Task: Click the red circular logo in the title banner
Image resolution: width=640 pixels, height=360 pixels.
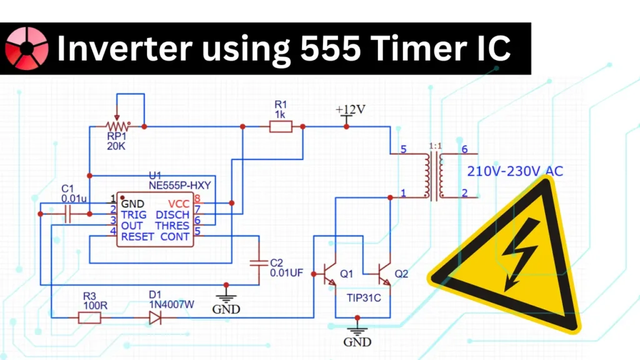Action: tap(27, 48)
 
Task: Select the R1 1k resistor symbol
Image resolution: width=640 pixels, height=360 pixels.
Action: tap(280, 127)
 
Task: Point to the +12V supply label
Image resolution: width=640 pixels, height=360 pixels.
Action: tap(351, 110)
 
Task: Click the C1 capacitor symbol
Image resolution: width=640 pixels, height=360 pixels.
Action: tap(67, 214)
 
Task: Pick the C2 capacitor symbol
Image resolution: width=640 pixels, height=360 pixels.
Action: tap(257, 262)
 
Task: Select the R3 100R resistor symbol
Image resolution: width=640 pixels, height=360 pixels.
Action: tap(89, 318)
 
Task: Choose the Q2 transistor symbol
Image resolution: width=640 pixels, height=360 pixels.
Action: tap(384, 273)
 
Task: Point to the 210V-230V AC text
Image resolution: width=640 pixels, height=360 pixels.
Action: tap(515, 171)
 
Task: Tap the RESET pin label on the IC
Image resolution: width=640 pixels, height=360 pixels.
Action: tap(137, 237)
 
